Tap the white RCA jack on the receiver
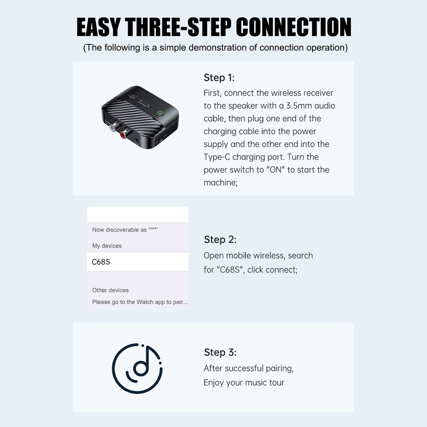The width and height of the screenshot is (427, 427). coord(113,127)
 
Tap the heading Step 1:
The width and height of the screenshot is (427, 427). coord(219,78)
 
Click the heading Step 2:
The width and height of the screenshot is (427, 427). coord(220,240)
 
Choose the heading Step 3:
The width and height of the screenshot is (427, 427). coord(220,352)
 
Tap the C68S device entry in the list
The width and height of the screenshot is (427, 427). coord(101,262)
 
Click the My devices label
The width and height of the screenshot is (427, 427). coord(107,246)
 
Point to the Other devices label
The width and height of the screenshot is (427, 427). coord(110,290)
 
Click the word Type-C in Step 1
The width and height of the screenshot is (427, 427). coord(217,157)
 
